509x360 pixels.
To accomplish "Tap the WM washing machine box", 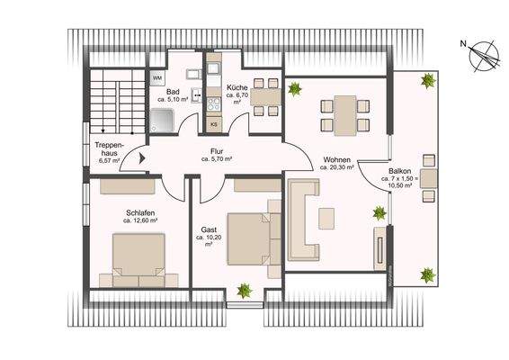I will [157, 78].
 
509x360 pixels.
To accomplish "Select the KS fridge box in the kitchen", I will [213, 124].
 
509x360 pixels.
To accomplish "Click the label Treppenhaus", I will [109, 149].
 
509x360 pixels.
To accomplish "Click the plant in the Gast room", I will [243, 290].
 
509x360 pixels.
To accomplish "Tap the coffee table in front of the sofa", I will [328, 217].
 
